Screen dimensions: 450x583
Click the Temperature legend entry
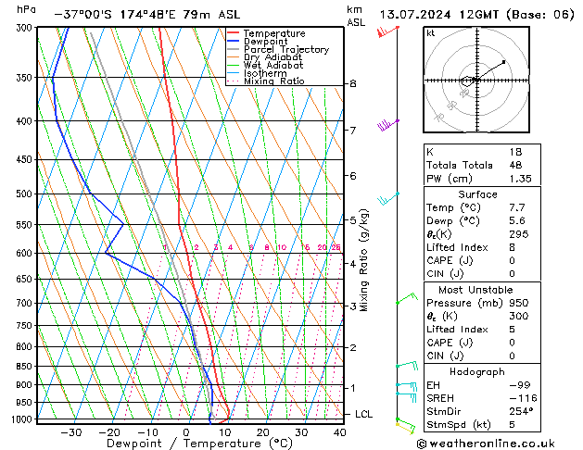[274, 33]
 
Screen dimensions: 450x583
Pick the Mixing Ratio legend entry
[273, 81]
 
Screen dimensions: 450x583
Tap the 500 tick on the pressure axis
[24, 194]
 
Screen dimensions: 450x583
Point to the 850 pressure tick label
[24, 367]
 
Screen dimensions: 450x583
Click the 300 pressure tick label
[24, 28]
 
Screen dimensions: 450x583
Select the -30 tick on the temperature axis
[70, 432]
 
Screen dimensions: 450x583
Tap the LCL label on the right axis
[364, 414]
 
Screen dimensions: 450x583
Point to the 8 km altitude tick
[352, 83]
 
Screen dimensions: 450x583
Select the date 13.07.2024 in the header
[419, 15]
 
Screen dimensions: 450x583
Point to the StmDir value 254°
[518, 411]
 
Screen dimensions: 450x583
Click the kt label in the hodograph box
[430, 33]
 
